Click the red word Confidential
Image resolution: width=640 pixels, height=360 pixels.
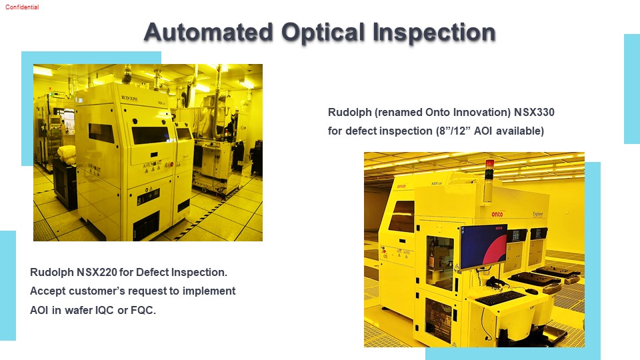point(22,7)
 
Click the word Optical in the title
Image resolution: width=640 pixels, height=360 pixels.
point(323,33)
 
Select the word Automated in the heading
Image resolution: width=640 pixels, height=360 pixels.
point(209,32)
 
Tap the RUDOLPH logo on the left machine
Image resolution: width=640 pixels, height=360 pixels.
point(129,99)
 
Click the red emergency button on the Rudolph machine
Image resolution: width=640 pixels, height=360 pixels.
point(172,164)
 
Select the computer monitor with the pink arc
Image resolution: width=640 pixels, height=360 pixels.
point(484,246)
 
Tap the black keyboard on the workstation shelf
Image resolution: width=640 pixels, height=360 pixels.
point(500,297)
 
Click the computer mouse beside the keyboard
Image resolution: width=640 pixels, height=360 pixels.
point(531,291)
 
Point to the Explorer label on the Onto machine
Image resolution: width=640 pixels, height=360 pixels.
point(538,214)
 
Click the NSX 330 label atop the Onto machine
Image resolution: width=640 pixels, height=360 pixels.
point(437,184)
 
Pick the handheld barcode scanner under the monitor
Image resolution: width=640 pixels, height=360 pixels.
point(495,281)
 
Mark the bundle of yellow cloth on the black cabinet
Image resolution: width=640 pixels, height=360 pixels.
point(67,154)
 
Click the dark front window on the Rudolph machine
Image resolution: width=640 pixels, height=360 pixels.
point(150,135)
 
